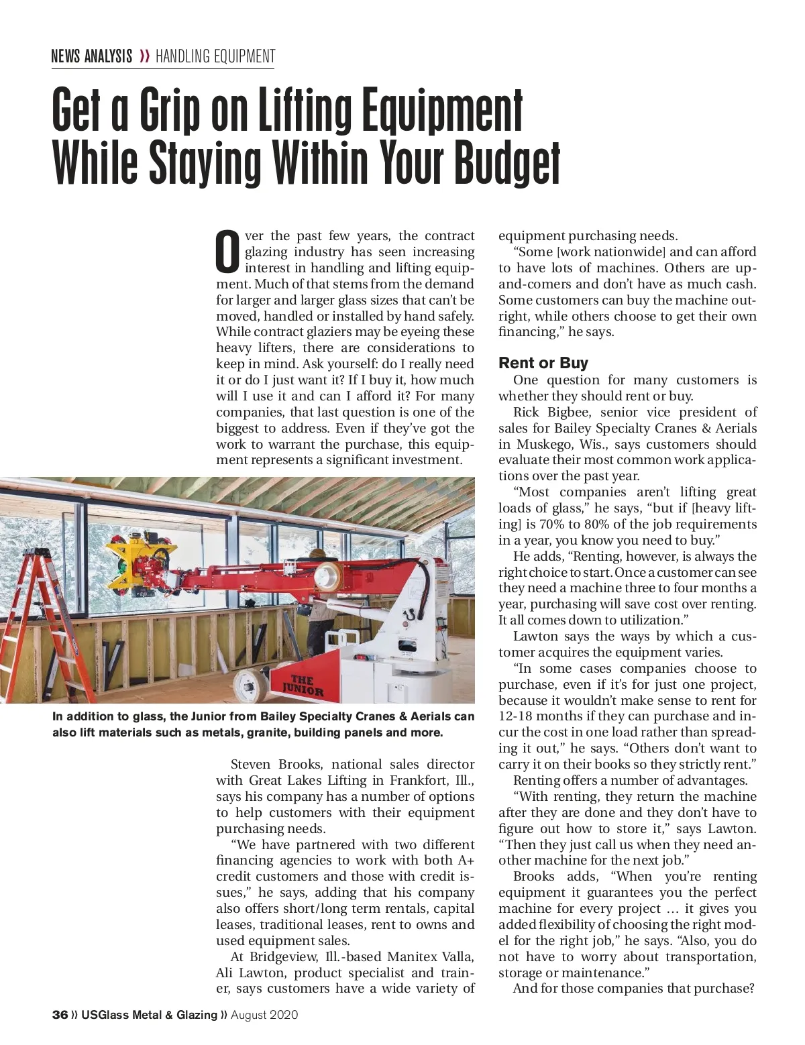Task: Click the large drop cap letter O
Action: pos(228,253)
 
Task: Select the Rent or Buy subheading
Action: pos(543,363)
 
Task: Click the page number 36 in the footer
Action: pos(60,1015)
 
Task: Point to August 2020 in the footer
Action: pos(264,1015)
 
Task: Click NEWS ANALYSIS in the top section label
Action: pos(91,56)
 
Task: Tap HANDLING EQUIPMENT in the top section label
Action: pos(215,56)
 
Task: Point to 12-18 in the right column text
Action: pos(517,716)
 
